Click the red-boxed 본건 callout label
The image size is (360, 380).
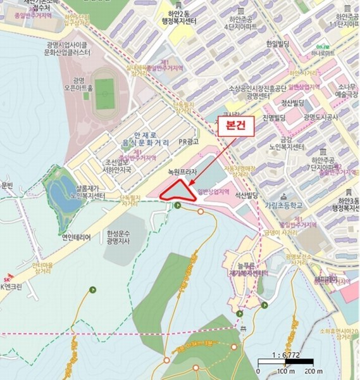pyautogui.click(x=235, y=126)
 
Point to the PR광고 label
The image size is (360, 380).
pyautogui.click(x=189, y=142)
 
